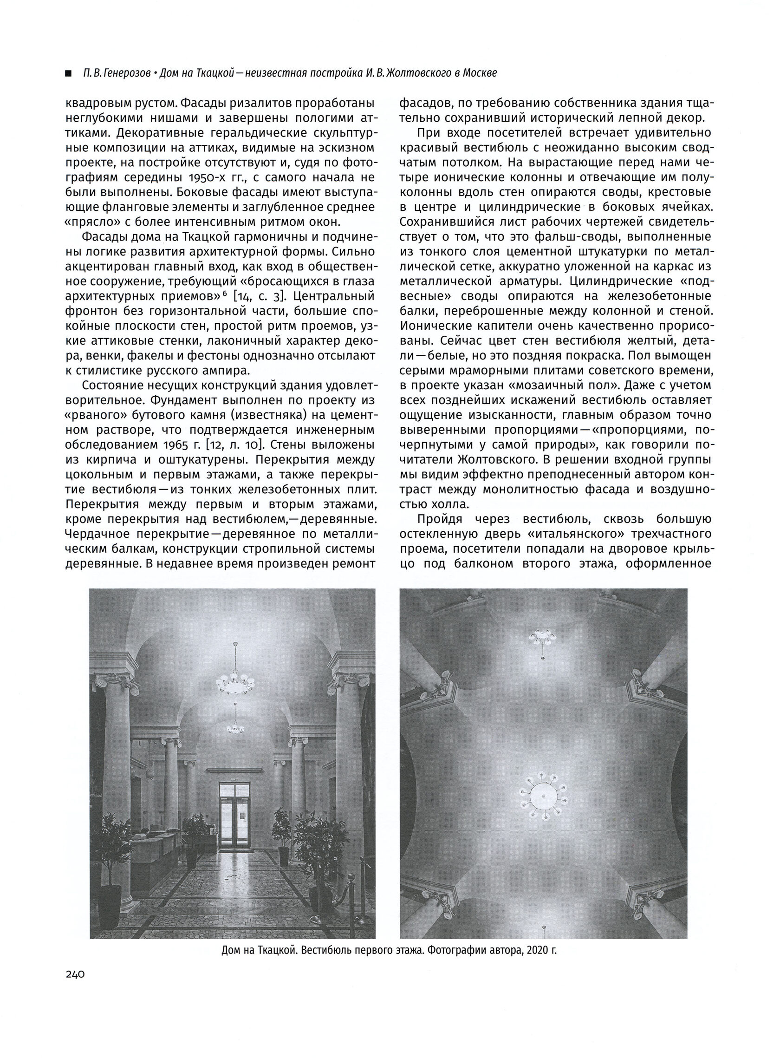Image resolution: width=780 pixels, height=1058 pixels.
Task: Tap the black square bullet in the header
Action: pyautogui.click(x=69, y=74)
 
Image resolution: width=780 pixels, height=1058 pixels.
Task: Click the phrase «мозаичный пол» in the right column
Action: pyautogui.click(x=553, y=385)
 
